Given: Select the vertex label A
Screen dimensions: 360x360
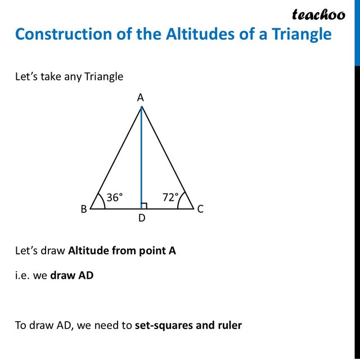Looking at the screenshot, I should click(x=141, y=98).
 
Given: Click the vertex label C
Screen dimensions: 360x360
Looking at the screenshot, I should click(x=200, y=209).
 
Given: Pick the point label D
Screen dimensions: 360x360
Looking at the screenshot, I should click(x=142, y=218).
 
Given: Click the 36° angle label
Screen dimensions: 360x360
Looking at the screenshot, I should click(x=114, y=197).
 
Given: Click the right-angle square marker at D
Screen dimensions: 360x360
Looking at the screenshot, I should click(x=144, y=206).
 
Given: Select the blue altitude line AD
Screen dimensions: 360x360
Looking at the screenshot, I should click(x=141, y=157).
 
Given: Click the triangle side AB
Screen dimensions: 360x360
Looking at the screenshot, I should click(x=115, y=157).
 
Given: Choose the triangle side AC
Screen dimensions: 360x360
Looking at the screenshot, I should click(x=167, y=157).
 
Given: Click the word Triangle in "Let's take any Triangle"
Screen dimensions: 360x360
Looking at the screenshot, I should click(x=103, y=76).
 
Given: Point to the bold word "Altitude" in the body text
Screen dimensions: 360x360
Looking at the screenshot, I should click(x=88, y=250).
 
